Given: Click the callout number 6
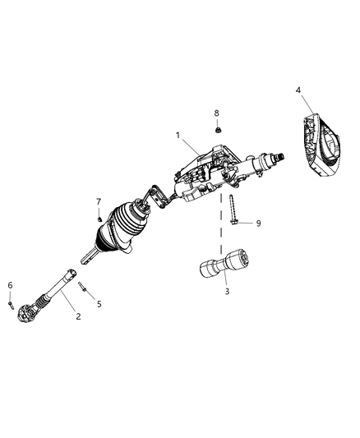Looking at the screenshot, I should [x=10, y=286].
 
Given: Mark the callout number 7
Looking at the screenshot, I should [x=98, y=201].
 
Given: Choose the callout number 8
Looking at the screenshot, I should [x=217, y=112].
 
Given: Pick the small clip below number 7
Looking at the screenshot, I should [x=98, y=218].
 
